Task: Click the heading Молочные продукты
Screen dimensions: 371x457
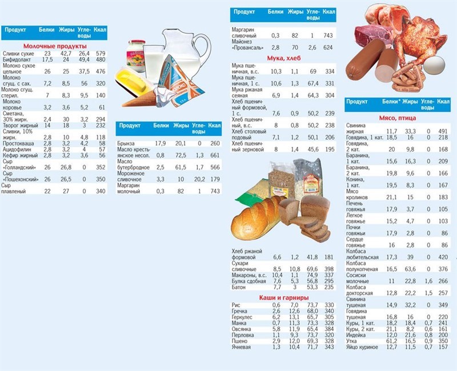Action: pos(55,46)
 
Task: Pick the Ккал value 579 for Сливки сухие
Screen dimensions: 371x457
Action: pos(102,53)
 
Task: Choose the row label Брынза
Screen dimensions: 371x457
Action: pos(127,143)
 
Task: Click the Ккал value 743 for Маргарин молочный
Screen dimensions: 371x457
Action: pos(214,192)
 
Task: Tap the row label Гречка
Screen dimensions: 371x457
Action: pos(240,311)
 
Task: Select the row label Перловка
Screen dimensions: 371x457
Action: pos(243,334)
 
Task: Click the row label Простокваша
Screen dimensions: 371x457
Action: pos(18,143)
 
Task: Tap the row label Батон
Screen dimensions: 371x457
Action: pos(239,287)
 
